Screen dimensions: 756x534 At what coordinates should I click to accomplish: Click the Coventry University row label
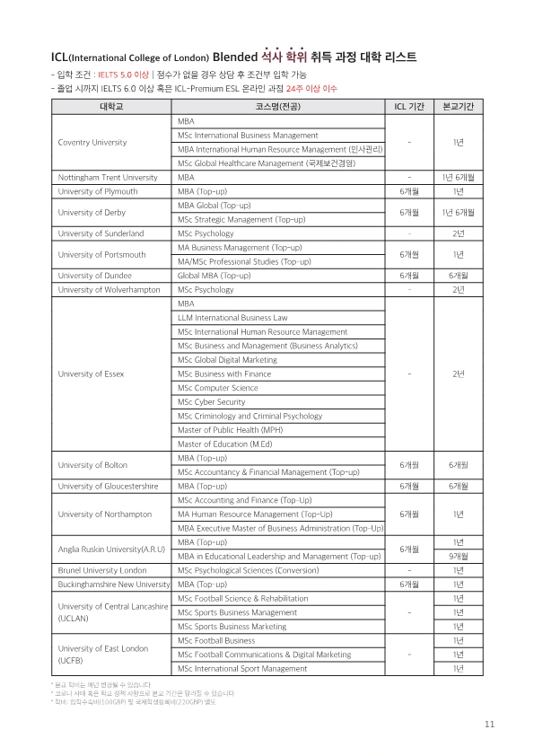tap(92, 142)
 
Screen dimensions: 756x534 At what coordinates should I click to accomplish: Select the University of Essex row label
tap(91, 374)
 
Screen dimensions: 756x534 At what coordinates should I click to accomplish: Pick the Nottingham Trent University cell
tap(107, 178)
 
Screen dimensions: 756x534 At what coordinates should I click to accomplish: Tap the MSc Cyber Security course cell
tap(212, 402)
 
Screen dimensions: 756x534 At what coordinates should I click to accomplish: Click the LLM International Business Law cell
tap(232, 318)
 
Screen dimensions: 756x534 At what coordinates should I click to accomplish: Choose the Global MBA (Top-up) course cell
tap(214, 276)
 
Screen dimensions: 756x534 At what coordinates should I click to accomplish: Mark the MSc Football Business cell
tap(216, 641)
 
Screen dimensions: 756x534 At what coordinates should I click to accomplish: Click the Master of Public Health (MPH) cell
tap(224, 430)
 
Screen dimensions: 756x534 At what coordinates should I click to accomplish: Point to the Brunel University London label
tap(101, 570)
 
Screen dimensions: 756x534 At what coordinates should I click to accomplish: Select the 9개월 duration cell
tap(458, 557)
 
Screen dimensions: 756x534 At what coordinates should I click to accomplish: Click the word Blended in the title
tap(236, 57)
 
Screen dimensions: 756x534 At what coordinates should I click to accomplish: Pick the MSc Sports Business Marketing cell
tap(232, 627)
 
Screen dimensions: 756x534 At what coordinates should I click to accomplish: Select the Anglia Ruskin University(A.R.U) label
tap(111, 549)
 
